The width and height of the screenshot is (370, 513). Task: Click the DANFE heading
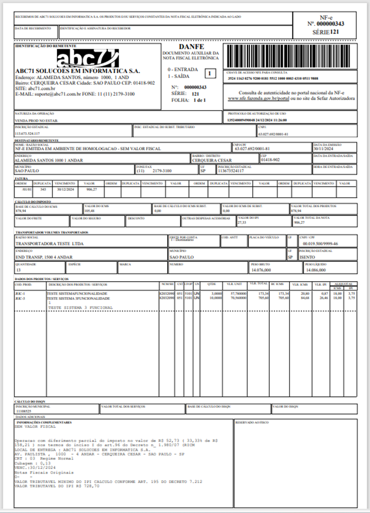192,46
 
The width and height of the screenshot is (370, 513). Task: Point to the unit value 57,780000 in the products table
237,293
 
